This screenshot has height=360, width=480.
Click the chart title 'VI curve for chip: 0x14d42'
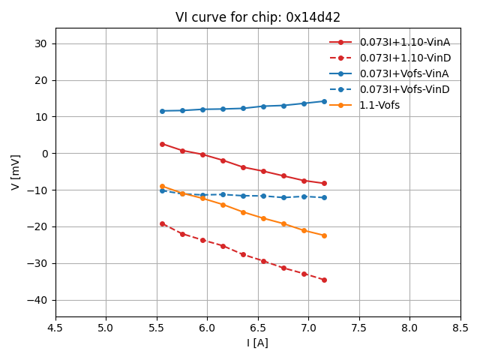tap(257, 17)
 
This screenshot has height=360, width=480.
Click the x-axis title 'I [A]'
tap(257, 343)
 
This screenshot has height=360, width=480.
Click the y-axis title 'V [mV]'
tap(16, 172)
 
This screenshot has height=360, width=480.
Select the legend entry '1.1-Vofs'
tap(379, 105)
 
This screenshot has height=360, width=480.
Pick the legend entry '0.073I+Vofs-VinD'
tap(404, 89)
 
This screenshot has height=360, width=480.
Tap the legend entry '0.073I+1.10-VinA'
tap(403, 42)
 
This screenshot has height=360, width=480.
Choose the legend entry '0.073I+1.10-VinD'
tap(403, 58)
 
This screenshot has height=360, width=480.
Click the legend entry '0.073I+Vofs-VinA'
tap(404, 73)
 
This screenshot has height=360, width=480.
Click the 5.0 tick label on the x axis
tap(106, 327)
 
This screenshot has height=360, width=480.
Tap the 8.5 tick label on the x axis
tap(460, 327)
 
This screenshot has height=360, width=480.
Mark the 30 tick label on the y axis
tap(41, 43)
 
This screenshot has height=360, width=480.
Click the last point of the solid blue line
tap(324, 101)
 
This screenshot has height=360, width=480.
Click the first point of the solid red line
tap(162, 144)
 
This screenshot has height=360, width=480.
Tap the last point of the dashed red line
tap(324, 280)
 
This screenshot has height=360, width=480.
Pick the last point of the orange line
tap(324, 235)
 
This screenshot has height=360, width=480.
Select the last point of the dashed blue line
tap(324, 197)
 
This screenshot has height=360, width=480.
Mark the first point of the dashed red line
tap(162, 223)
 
